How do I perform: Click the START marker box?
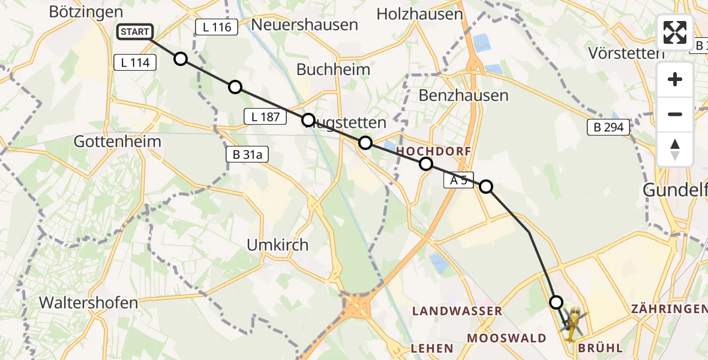135,32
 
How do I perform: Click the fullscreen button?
675,32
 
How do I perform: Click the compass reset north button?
675,149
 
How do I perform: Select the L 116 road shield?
217,26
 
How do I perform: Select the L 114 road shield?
135,62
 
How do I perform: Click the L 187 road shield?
265,117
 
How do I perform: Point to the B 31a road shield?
247,155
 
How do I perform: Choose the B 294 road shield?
608,127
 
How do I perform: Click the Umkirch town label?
278,245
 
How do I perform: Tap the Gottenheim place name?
118,142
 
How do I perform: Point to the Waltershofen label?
88,302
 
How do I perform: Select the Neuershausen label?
305,25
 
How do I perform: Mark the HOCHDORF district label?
433,151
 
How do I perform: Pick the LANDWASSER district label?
457,311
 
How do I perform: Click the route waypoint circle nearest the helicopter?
557,302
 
